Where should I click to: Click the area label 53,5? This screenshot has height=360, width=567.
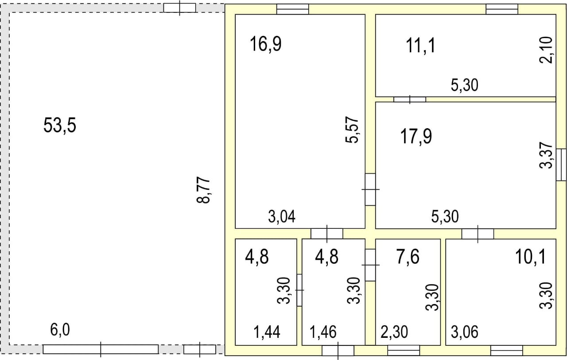[x=60, y=125]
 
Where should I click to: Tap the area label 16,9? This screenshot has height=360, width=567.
[x=265, y=44]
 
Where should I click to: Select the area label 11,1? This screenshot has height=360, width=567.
[x=420, y=46]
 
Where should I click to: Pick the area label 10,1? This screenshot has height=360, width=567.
[x=530, y=257]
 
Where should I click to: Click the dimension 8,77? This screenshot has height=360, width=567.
[x=203, y=191]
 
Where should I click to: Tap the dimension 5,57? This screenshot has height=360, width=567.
[x=352, y=130]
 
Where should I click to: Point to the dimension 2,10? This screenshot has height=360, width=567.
[x=546, y=50]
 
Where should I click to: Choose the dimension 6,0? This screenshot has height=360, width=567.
[x=60, y=330]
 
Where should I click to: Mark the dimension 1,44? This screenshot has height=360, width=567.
[x=267, y=332]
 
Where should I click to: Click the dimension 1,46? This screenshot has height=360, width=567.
[x=323, y=332]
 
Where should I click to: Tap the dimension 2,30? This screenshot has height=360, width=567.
[x=394, y=332]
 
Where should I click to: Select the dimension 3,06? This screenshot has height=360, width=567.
[x=465, y=332]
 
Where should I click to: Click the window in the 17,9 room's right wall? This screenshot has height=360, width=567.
[x=561, y=165]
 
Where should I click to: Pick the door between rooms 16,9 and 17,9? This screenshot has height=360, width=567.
[x=370, y=189]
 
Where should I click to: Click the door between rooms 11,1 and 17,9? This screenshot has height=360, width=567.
[x=410, y=99]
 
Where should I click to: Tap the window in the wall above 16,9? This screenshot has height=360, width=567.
[x=293, y=9]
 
